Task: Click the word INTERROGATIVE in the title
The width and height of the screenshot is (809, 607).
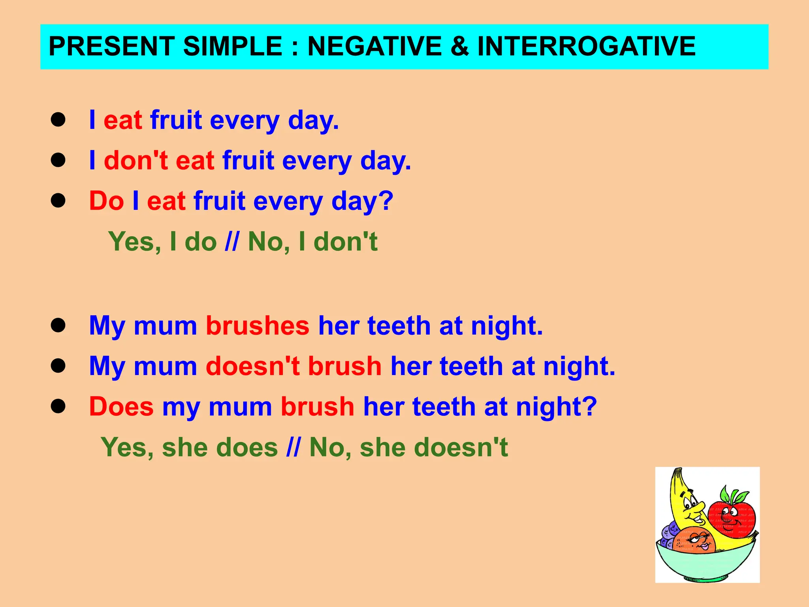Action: tap(586, 46)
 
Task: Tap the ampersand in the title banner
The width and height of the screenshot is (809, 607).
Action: tap(459, 46)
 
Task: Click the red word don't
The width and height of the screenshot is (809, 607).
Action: tap(136, 161)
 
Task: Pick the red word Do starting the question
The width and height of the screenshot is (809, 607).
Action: tap(106, 201)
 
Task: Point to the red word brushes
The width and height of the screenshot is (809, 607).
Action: tap(258, 326)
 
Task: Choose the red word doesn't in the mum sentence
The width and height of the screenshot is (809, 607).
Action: tap(252, 366)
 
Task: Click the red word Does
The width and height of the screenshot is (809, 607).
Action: tap(121, 407)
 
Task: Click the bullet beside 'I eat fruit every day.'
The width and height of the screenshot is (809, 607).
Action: tap(58, 120)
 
